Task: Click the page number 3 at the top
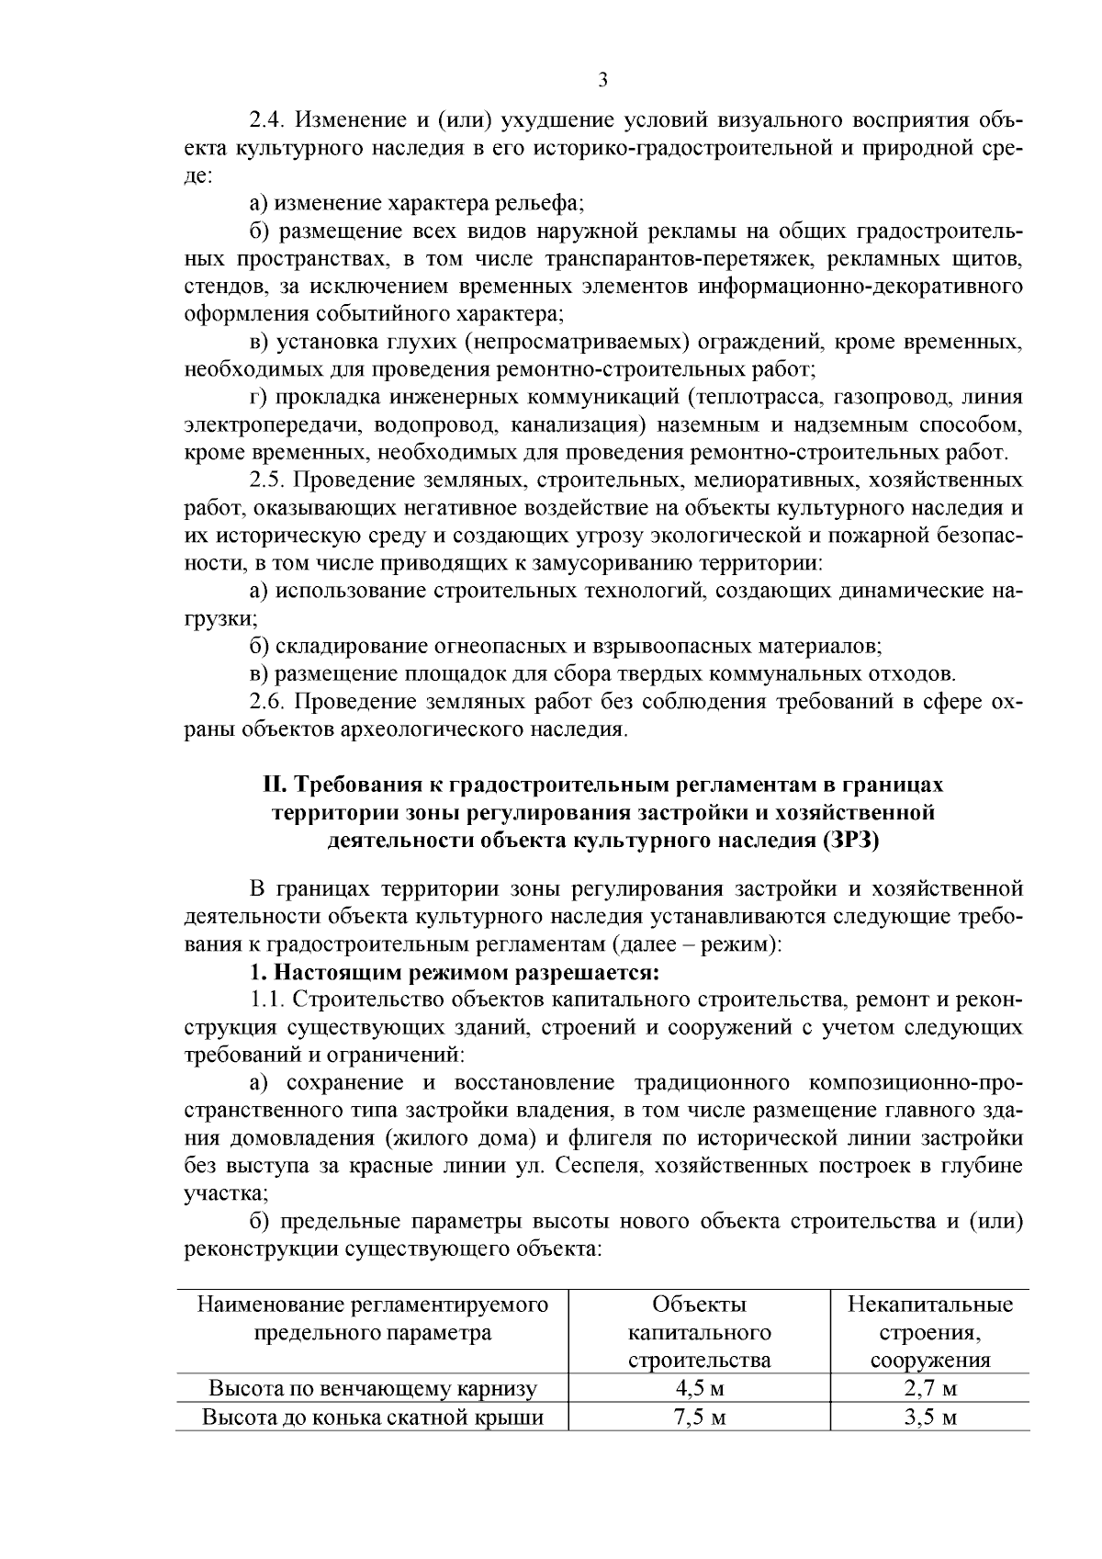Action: [602, 80]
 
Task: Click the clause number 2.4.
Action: [267, 120]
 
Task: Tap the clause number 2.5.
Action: [267, 480]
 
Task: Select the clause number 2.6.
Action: [267, 703]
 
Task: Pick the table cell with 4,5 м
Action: [699, 1388]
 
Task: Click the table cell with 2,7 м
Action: [929, 1388]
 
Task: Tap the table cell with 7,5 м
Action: [699, 1417]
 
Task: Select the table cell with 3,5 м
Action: [929, 1417]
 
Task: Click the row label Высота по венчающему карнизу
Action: [373, 1388]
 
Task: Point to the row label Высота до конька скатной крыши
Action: [373, 1417]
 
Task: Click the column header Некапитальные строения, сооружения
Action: [929, 1332]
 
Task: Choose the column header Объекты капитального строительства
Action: [699, 1332]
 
